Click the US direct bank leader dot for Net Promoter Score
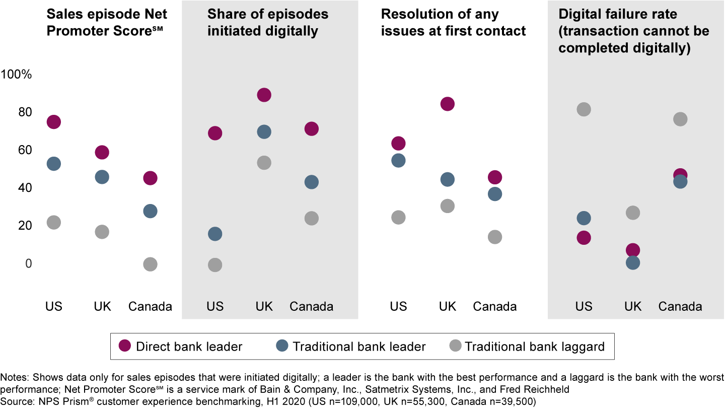pyautogui.click(x=53, y=122)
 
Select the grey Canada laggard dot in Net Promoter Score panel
pyautogui.click(x=150, y=264)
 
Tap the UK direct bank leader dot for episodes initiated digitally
pyautogui.click(x=263, y=95)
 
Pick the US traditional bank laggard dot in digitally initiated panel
pyautogui.click(x=215, y=265)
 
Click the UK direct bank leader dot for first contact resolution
pyautogui.click(x=447, y=104)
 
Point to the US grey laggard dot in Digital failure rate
pyautogui.click(x=584, y=109)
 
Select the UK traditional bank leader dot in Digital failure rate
pyautogui.click(x=632, y=262)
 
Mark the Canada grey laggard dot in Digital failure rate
pyautogui.click(x=680, y=119)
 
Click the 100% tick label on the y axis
pyautogui.click(x=17, y=75)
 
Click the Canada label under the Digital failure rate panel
pyautogui.click(x=680, y=306)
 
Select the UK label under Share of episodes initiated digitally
pyautogui.click(x=263, y=306)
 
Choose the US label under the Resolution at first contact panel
pyautogui.click(x=398, y=306)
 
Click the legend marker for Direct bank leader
pyautogui.click(x=124, y=346)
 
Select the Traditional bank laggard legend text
pyautogui.click(x=534, y=347)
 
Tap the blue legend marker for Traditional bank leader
pyautogui.click(x=282, y=346)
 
